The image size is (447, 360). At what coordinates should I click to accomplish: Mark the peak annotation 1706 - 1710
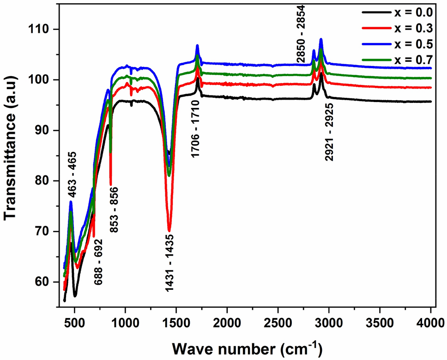[x=196, y=130]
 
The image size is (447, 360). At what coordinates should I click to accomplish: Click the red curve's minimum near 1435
[x=169, y=229]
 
